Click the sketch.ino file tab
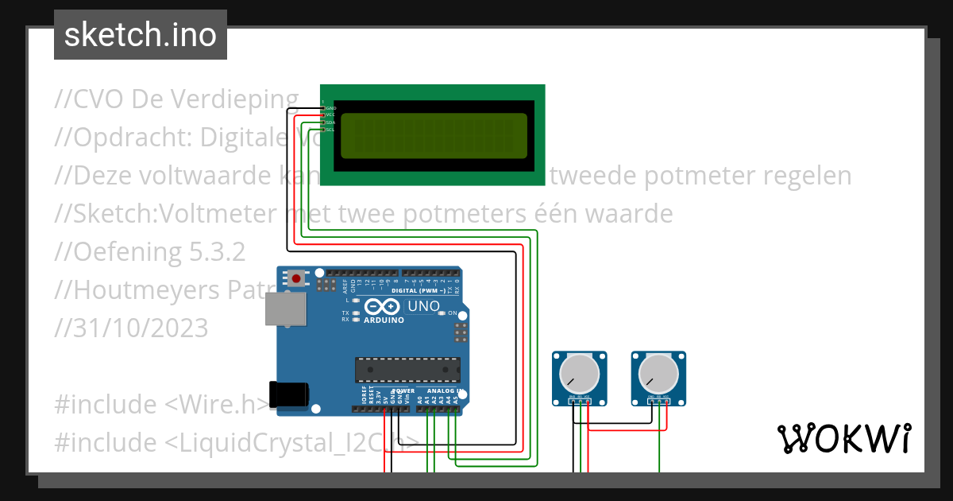[140, 35]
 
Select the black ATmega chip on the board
[407, 370]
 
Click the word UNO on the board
[423, 306]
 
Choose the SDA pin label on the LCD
[330, 122]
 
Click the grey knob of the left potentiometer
[579, 373]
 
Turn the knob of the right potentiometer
[658, 373]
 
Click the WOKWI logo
[843, 438]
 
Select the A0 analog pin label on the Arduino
[419, 401]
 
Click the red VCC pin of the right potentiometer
[667, 402]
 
